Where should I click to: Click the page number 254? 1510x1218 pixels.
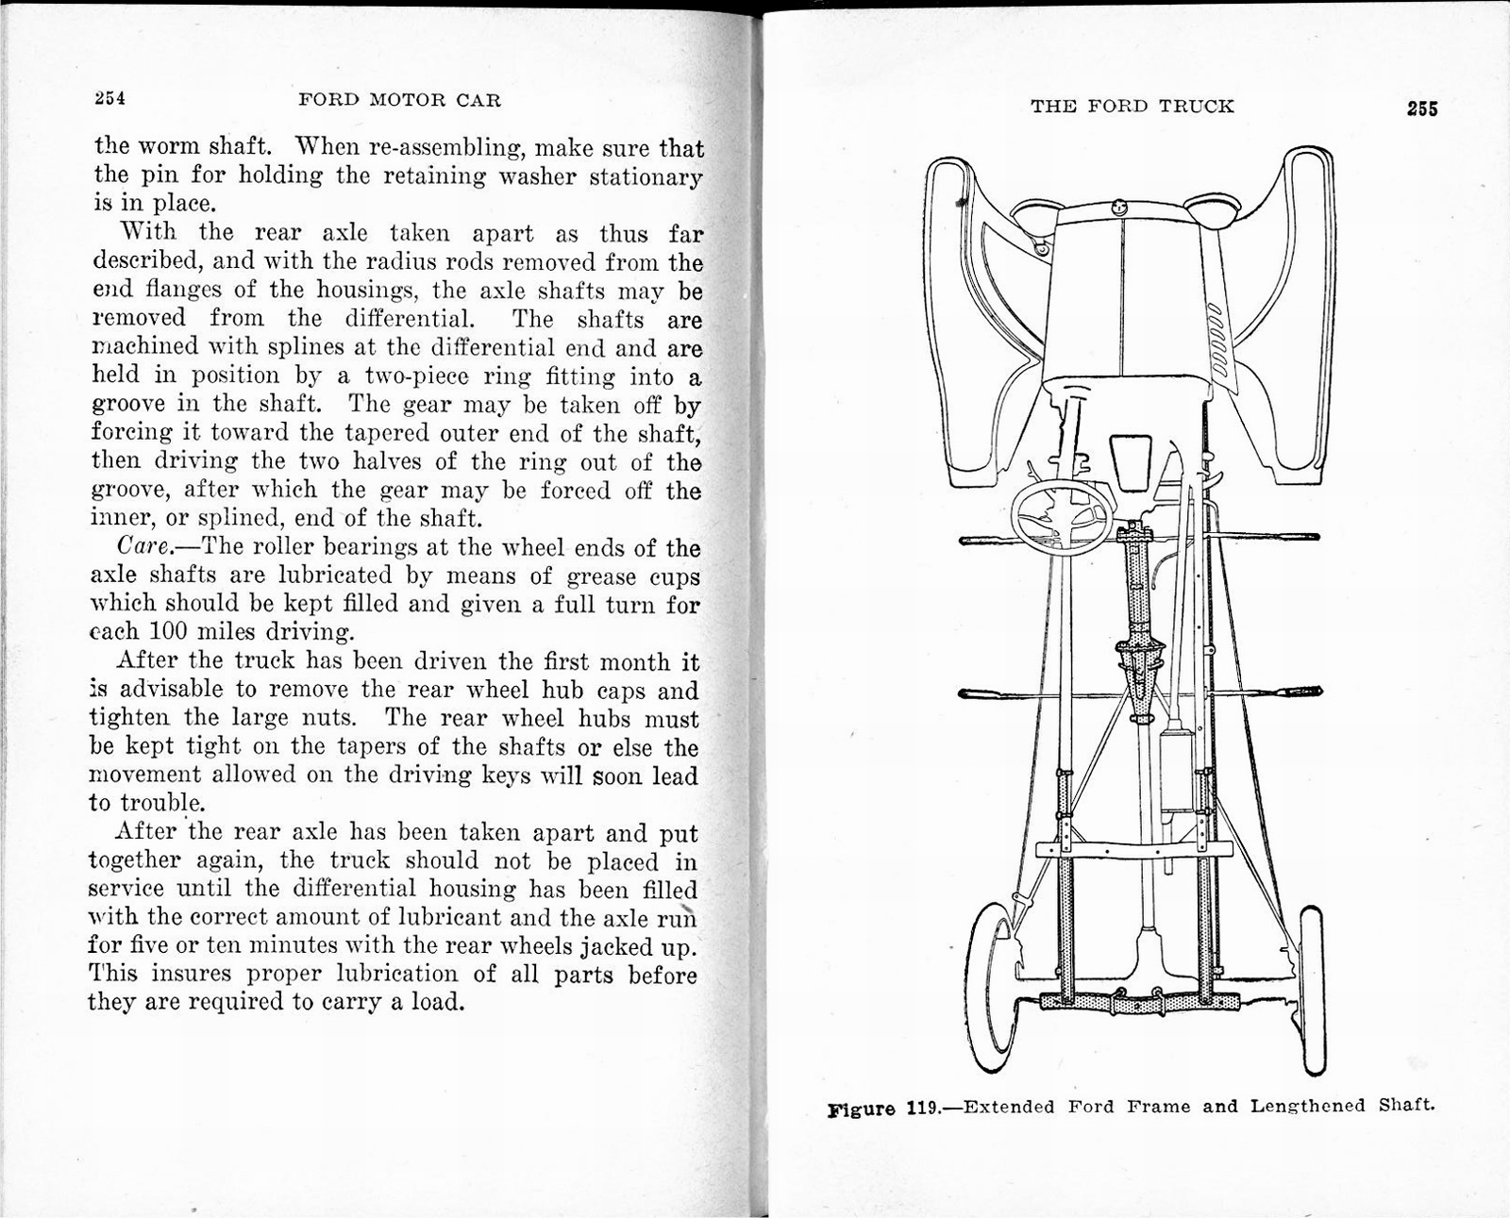click(x=109, y=99)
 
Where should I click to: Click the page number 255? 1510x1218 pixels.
click(x=1421, y=108)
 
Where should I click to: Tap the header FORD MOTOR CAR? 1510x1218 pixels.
click(x=399, y=100)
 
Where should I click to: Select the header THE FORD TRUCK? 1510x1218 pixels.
click(x=1132, y=107)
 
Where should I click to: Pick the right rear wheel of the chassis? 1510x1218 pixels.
click(x=1313, y=991)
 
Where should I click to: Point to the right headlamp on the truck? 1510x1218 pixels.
click(x=1214, y=208)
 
